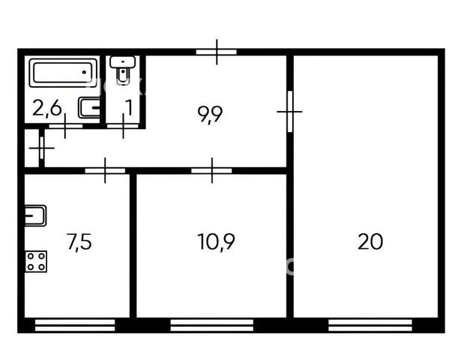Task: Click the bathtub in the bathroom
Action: tap(63, 73)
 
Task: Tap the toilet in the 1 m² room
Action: tap(122, 69)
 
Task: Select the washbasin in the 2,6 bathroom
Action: tap(89, 108)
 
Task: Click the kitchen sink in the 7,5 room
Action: tap(35, 215)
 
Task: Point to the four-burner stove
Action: tap(36, 261)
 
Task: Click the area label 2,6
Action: tap(46, 108)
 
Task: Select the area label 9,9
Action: tap(210, 114)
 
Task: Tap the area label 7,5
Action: tap(79, 242)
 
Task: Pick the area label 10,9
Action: tap(216, 241)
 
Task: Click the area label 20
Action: tap(370, 241)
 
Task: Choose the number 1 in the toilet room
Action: tap(129, 108)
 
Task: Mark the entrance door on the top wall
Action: tap(217, 52)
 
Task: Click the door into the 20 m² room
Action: tap(290, 112)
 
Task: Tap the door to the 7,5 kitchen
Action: tap(105, 170)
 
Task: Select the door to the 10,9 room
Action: tap(212, 170)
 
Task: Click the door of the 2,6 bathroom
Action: tap(65, 126)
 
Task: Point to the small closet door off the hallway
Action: tap(42, 148)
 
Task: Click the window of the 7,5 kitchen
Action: tap(75, 325)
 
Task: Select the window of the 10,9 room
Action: tap(212, 325)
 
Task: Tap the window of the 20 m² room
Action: tap(370, 325)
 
